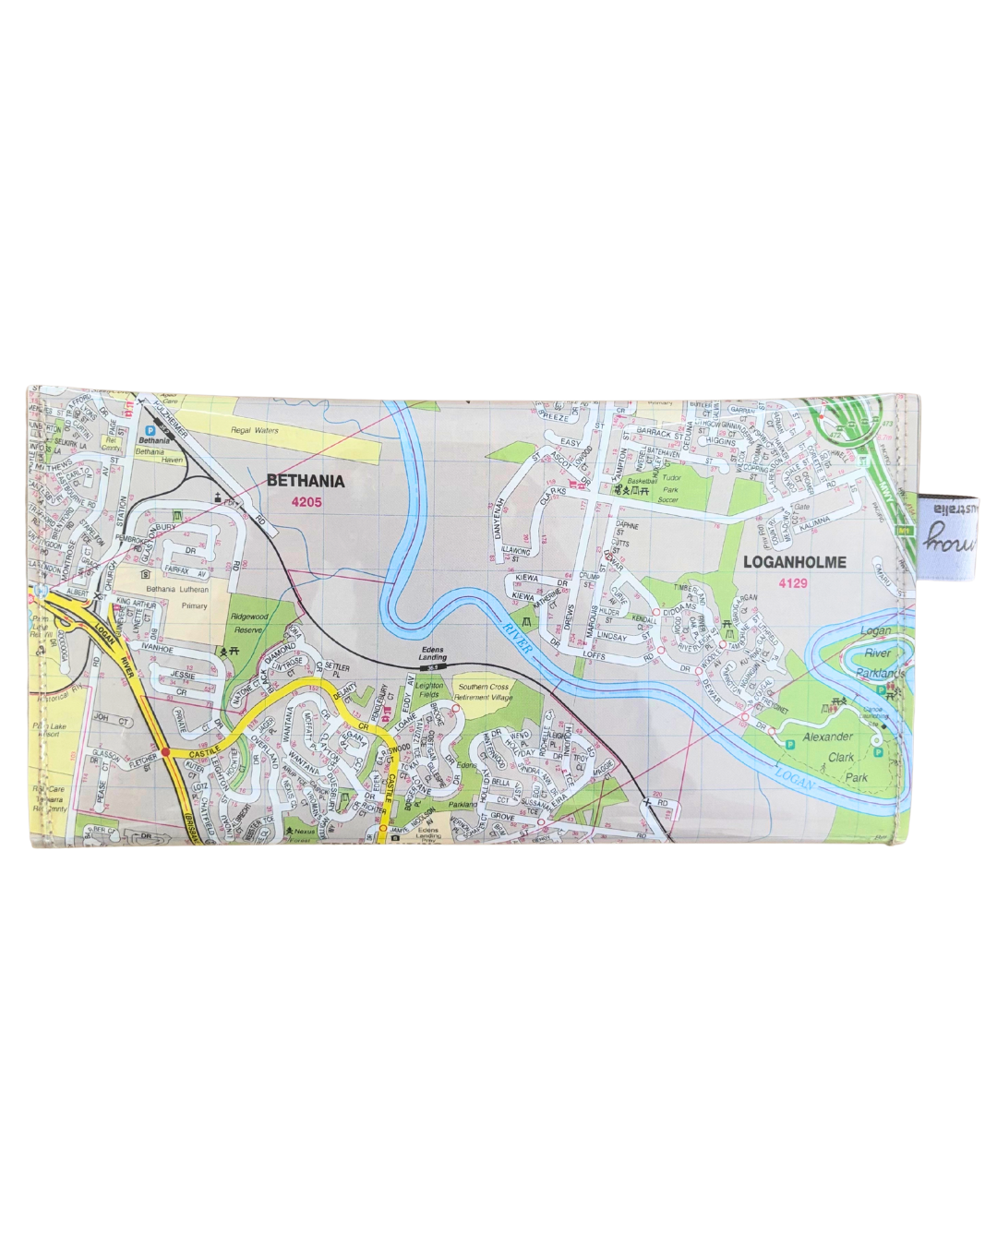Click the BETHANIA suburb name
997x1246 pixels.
point(306,481)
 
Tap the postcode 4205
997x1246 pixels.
point(306,502)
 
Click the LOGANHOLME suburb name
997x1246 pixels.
point(794,561)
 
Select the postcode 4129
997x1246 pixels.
point(793,583)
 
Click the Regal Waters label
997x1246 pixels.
point(254,431)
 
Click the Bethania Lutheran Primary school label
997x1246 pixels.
point(177,597)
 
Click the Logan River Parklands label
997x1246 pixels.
point(877,653)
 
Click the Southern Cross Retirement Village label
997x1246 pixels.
point(485,692)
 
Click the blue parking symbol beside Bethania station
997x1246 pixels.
point(150,430)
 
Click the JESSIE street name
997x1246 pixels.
point(182,676)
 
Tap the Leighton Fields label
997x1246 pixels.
point(429,689)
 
